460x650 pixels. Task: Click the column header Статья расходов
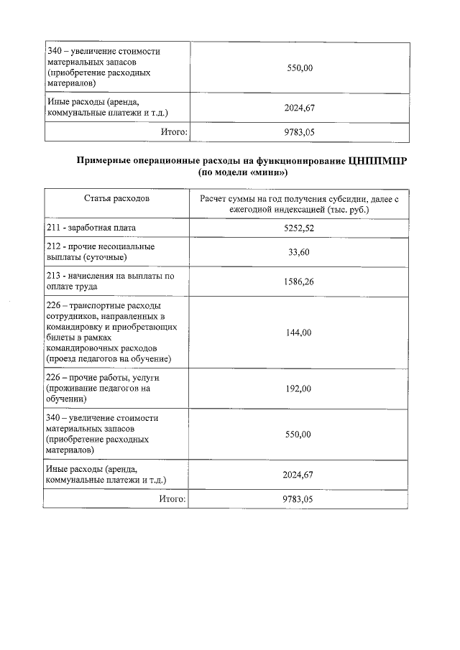(x=116, y=198)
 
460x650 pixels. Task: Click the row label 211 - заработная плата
(x=91, y=228)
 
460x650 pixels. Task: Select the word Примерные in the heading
(x=108, y=162)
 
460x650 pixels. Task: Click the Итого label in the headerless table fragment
(x=172, y=132)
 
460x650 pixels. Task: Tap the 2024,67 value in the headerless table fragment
(x=299, y=108)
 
